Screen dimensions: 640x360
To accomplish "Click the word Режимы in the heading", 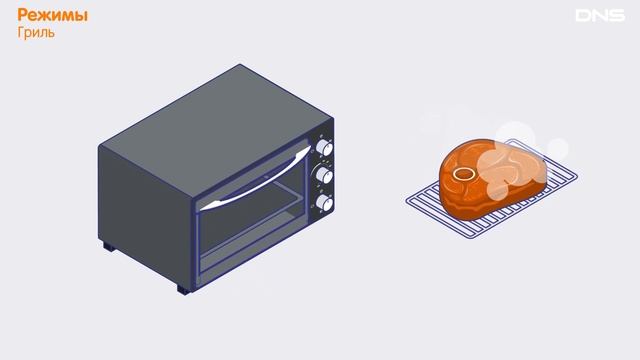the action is pyautogui.click(x=52, y=16).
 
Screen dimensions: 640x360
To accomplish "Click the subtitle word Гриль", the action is pyautogui.click(x=36, y=32).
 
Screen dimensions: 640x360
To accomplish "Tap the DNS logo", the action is pyautogui.click(x=600, y=16).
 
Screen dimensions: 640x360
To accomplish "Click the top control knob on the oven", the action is pyautogui.click(x=324, y=148).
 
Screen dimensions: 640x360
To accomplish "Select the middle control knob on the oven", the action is pyautogui.click(x=324, y=176).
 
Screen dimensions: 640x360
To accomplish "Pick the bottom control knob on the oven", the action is pyautogui.click(x=324, y=203).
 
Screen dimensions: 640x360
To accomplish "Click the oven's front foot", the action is pyautogui.click(x=183, y=289).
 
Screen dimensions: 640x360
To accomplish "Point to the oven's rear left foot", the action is pyautogui.click(x=109, y=246).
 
